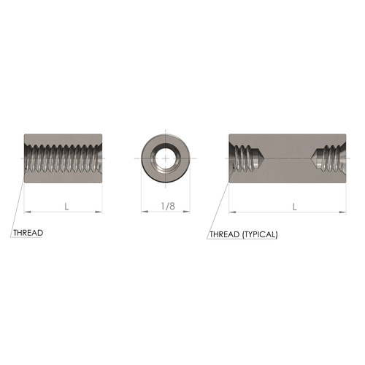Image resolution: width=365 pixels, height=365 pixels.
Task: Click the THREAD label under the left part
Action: pos(28,234)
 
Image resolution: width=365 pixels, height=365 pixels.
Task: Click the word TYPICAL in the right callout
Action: pos(256,235)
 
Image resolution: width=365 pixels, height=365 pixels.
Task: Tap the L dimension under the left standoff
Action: pos(66,207)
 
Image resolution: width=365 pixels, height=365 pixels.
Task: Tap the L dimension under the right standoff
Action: pos(294,207)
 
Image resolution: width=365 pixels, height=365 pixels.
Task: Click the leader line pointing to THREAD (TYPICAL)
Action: pos(219,204)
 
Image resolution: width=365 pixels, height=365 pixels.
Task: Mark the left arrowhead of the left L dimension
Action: pos(27,212)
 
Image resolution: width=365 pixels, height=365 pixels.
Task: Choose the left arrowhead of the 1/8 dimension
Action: pos(143,212)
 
